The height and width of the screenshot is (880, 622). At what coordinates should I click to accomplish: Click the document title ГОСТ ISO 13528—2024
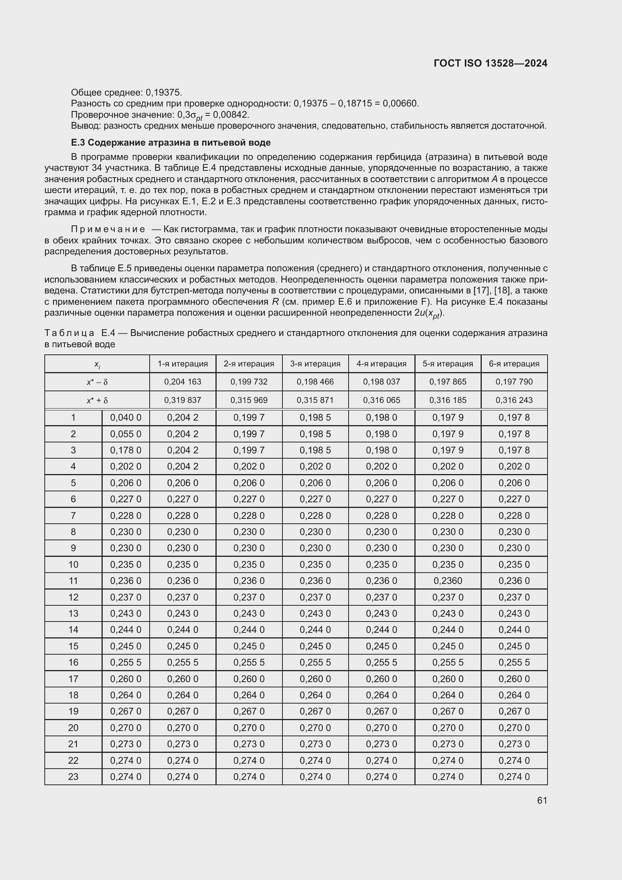tap(490, 63)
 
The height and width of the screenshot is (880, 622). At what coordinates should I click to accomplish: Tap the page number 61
tap(542, 800)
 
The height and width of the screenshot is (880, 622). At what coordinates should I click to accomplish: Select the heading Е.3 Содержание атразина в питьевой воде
tap(171, 143)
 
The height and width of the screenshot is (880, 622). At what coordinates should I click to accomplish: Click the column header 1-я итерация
tap(183, 364)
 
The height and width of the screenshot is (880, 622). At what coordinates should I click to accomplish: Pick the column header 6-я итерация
tap(514, 364)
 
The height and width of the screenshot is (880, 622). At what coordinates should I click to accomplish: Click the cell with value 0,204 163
tap(183, 382)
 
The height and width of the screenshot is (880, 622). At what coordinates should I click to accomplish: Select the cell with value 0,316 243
tap(514, 400)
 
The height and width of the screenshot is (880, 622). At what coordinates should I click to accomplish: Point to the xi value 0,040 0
tap(126, 418)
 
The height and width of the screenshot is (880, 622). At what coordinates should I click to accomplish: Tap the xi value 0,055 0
tap(126, 434)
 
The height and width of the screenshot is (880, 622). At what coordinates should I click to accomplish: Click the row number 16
tap(73, 662)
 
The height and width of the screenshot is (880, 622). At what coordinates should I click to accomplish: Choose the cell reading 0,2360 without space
tap(448, 581)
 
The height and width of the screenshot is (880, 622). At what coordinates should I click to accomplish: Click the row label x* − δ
tap(97, 382)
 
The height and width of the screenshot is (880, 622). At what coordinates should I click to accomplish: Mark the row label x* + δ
tap(97, 400)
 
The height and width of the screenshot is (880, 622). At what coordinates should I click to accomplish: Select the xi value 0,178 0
tap(126, 450)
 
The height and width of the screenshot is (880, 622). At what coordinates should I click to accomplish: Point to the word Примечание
tap(108, 229)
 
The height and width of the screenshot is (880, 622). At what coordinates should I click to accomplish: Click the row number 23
tap(73, 777)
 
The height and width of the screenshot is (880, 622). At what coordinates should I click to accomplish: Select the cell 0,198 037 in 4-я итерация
tap(381, 382)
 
